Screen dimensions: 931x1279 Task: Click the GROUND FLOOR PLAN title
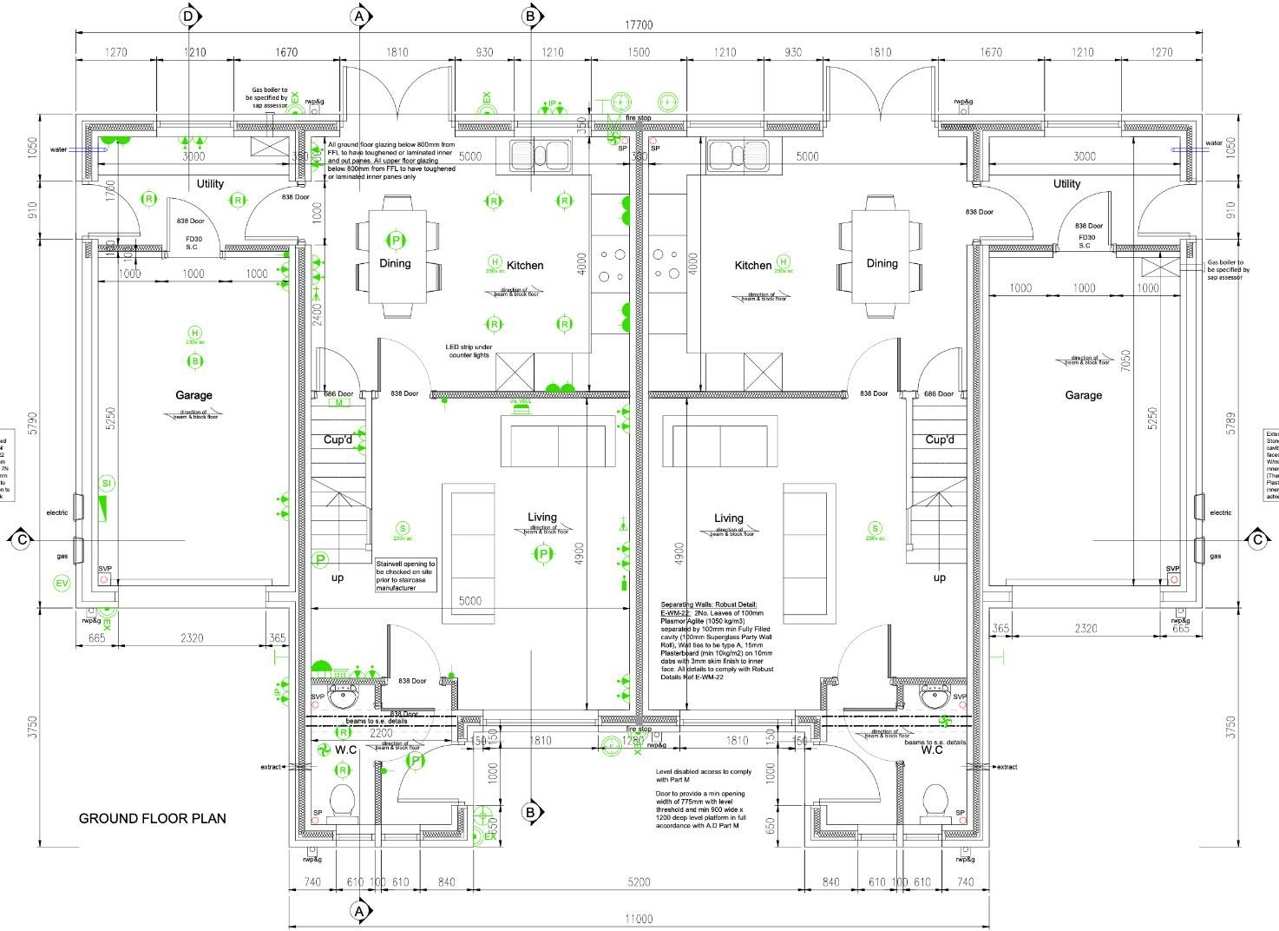click(x=153, y=818)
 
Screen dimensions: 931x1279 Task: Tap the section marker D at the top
click(x=190, y=16)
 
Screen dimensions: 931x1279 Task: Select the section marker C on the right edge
click(x=1257, y=539)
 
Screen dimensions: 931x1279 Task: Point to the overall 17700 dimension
click(x=638, y=27)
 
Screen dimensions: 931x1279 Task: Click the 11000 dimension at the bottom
click(x=638, y=919)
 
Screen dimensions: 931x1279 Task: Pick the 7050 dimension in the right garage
click(x=1125, y=361)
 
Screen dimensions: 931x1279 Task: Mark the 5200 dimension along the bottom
click(x=638, y=882)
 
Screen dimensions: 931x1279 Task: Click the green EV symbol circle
click(x=62, y=584)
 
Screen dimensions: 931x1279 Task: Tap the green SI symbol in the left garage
click(x=107, y=483)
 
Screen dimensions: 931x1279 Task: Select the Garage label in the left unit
click(x=193, y=395)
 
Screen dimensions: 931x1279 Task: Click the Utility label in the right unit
click(x=1066, y=184)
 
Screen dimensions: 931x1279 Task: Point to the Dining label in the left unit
click(x=395, y=263)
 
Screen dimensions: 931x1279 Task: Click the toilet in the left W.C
click(x=344, y=802)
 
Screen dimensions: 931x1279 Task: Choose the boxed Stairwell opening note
click(x=405, y=576)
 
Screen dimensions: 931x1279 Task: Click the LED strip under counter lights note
click(x=469, y=351)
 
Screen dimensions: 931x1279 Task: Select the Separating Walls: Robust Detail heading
click(x=708, y=604)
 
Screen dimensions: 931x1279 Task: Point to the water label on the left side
click(x=58, y=149)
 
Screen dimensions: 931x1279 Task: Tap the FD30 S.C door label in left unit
click(x=193, y=241)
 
